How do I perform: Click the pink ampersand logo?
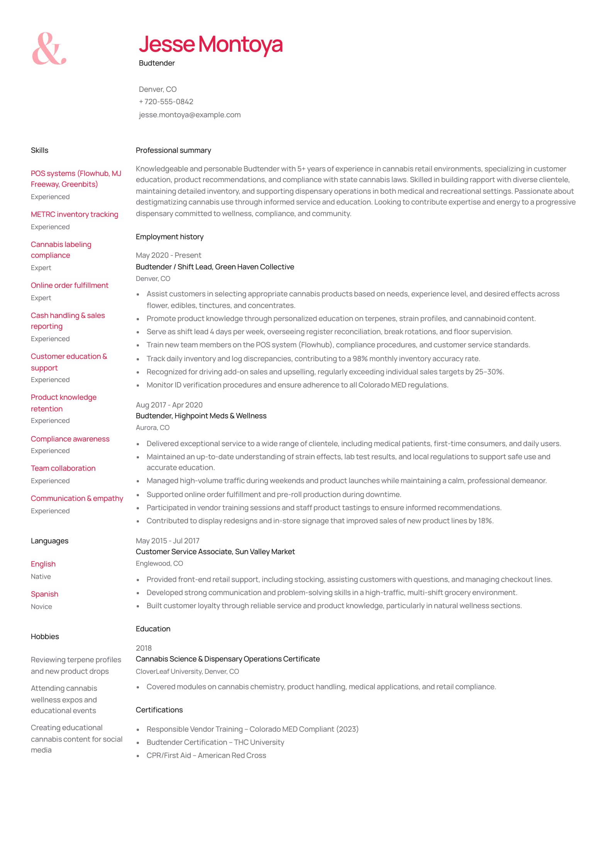pyautogui.click(x=49, y=49)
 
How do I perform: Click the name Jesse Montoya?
pyautogui.click(x=210, y=44)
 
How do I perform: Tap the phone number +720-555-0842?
pyautogui.click(x=166, y=102)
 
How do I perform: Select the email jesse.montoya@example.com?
pyautogui.click(x=190, y=115)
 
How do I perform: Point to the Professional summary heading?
pyautogui.click(x=173, y=151)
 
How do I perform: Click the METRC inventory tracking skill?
pyautogui.click(x=75, y=215)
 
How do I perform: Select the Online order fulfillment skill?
pyautogui.click(x=69, y=286)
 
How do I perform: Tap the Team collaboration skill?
pyautogui.click(x=63, y=469)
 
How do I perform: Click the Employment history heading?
pyautogui.click(x=169, y=237)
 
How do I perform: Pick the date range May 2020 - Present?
pyautogui.click(x=168, y=255)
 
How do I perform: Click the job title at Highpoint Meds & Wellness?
pyautogui.click(x=201, y=416)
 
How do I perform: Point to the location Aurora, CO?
pyautogui.click(x=152, y=428)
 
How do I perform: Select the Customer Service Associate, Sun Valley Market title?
pyautogui.click(x=215, y=552)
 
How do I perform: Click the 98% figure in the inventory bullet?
pyautogui.click(x=360, y=359)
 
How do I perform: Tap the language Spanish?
pyautogui.click(x=44, y=594)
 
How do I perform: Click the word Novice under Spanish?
pyautogui.click(x=41, y=607)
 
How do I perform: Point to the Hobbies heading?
pyautogui.click(x=45, y=637)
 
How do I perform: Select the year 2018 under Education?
pyautogui.click(x=144, y=648)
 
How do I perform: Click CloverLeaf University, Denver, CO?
pyautogui.click(x=187, y=671)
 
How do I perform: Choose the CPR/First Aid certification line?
pyautogui.click(x=206, y=756)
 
